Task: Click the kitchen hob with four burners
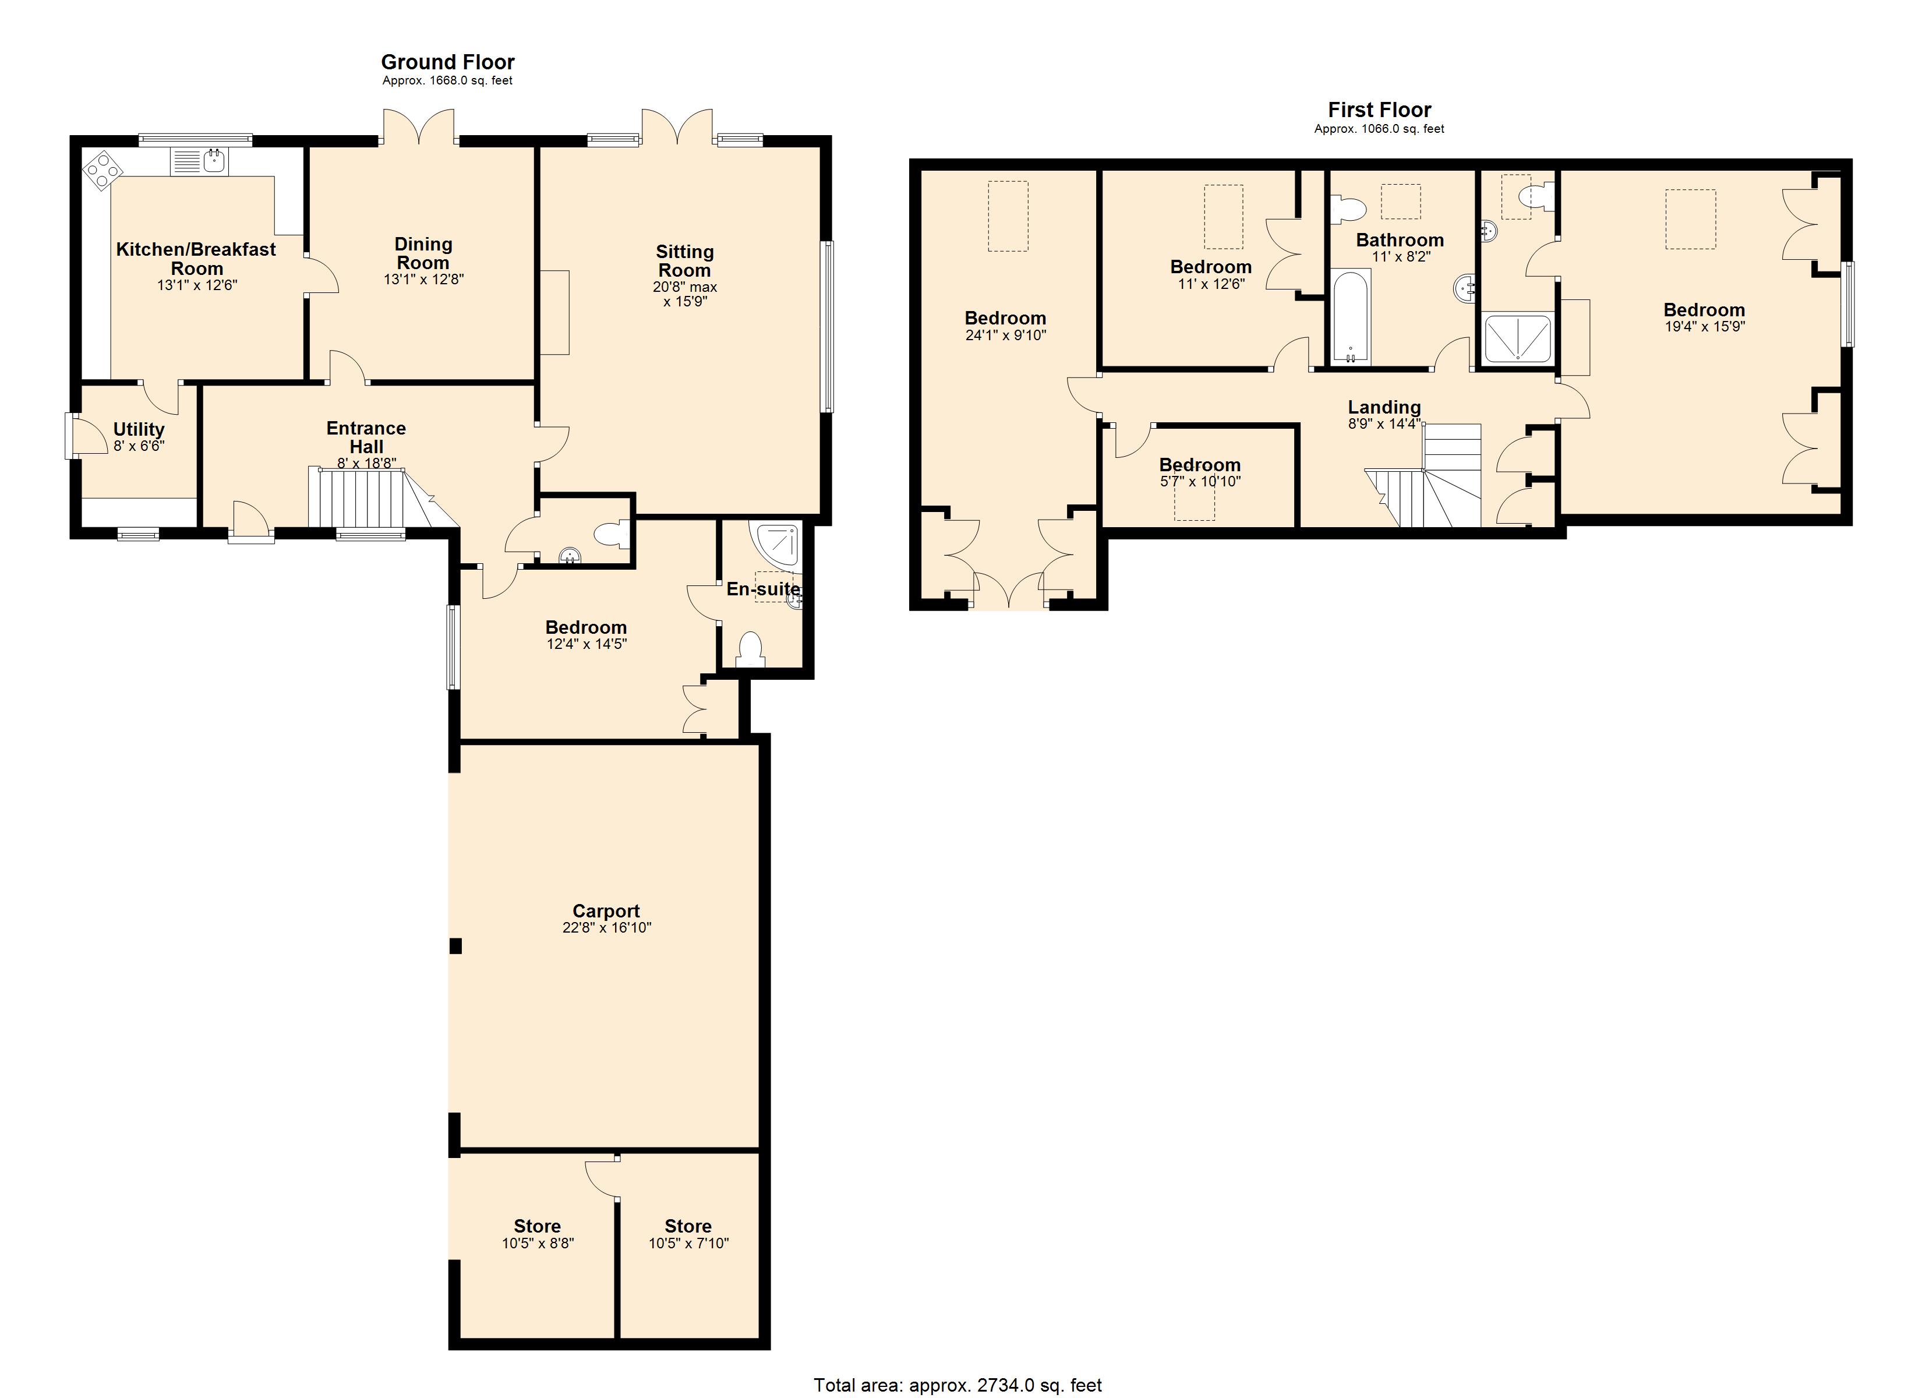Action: click(102, 169)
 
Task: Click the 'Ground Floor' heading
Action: click(447, 62)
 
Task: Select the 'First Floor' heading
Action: click(1379, 110)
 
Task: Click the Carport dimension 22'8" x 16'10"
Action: click(606, 927)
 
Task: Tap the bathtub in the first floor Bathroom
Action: click(1350, 317)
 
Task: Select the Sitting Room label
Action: click(685, 261)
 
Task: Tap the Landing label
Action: click(1384, 407)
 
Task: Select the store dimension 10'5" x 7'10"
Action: click(688, 1244)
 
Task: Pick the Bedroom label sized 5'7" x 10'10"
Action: click(1199, 465)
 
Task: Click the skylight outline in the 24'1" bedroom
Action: click(1008, 216)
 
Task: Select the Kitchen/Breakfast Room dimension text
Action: click(197, 285)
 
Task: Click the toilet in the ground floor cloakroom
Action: click(612, 535)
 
